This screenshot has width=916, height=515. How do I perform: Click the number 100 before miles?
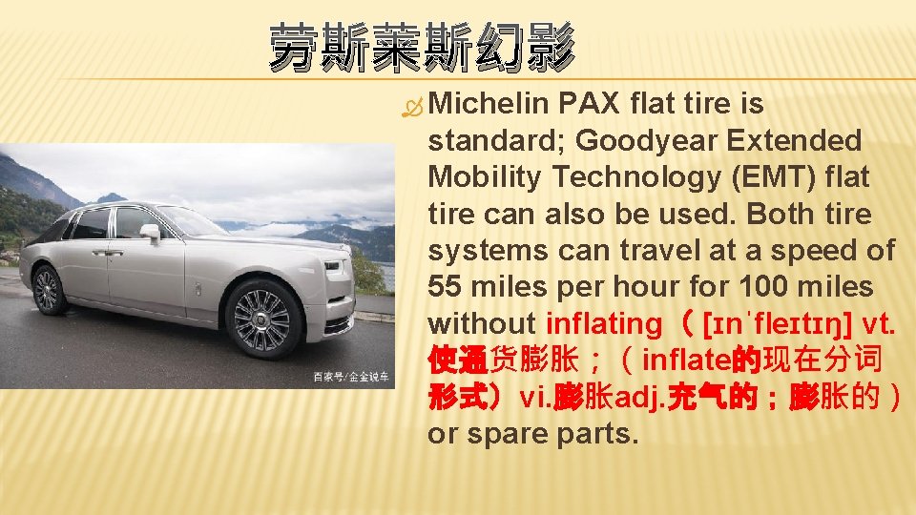pyautogui.click(x=769, y=287)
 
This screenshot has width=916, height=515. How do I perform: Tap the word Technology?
pyautogui.click(x=656, y=177)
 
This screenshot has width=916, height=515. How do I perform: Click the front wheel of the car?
pyautogui.click(x=260, y=319)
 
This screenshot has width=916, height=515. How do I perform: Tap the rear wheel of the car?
pyautogui.click(x=47, y=289)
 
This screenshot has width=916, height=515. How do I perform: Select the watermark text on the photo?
pyautogui.click(x=352, y=378)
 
